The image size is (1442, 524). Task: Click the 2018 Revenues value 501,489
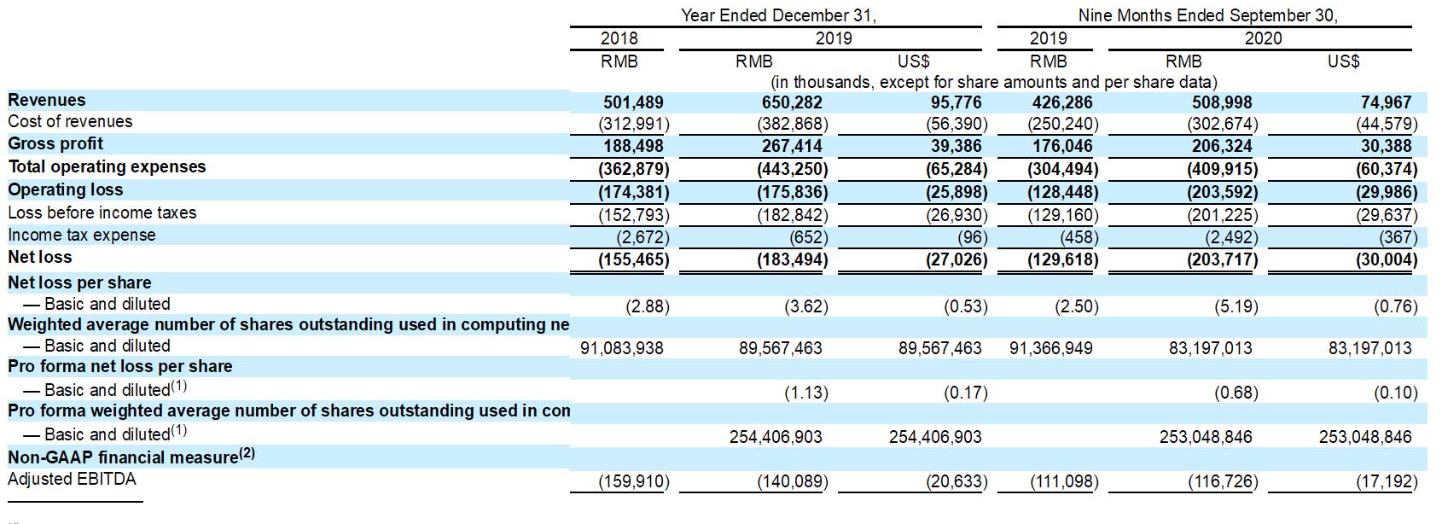633,102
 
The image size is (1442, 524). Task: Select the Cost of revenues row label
70,122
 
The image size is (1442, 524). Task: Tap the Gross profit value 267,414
792,146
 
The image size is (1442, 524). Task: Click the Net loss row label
40,258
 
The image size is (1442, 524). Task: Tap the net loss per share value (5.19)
1236,306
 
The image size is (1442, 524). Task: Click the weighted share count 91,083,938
622,348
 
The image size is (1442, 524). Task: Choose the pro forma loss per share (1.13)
806,393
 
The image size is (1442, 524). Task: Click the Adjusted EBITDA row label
72,479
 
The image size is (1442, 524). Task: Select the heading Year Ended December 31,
778,15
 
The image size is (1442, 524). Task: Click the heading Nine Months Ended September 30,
1207,15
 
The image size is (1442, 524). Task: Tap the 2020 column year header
1263,38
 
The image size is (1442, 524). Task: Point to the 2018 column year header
619,38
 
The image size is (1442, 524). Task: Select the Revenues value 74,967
1386,102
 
